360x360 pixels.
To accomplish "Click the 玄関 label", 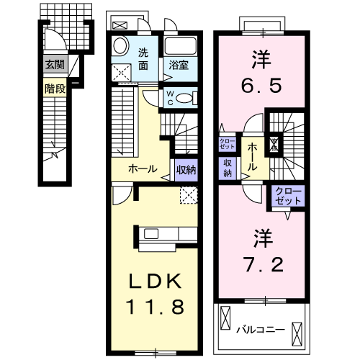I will click(55, 65).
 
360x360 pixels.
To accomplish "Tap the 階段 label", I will click(55, 89).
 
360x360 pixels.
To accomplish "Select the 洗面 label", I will click(143, 58).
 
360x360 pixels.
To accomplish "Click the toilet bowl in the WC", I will click(185, 99).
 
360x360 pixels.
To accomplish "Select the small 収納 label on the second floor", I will click(228, 168).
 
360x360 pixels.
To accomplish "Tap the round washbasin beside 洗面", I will click(122, 43).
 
